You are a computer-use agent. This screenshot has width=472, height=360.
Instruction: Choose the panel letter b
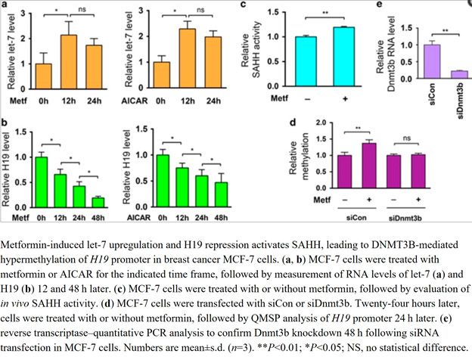click(x=5, y=123)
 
